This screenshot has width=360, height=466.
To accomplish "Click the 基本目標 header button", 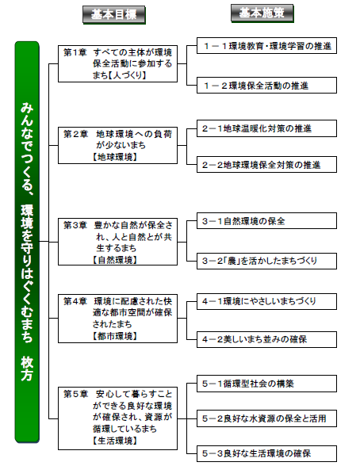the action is (x=114, y=14).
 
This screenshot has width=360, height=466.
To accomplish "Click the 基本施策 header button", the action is (x=262, y=13).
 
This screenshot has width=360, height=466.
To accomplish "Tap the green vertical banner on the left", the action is (x=27, y=242).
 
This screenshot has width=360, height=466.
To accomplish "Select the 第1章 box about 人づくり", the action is (x=117, y=63).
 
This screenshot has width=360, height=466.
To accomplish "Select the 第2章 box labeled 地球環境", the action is (x=117, y=145).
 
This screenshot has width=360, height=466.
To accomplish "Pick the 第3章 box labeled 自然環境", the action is (x=117, y=242).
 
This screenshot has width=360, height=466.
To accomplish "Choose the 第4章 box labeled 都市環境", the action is (x=117, y=319).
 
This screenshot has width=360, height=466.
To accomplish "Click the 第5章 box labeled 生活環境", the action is (x=117, y=418).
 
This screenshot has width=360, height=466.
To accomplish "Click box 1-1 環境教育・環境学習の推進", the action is (x=266, y=46).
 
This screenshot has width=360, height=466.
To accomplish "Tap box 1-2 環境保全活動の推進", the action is (x=266, y=86).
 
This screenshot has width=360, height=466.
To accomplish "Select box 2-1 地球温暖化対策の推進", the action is (x=266, y=128).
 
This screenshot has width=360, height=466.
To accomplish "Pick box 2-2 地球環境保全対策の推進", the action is (x=266, y=164).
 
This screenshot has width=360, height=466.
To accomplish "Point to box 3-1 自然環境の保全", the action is (x=266, y=220).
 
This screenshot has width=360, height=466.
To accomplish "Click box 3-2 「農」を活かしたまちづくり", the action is (x=266, y=261).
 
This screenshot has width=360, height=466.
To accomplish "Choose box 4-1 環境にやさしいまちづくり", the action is (x=266, y=301).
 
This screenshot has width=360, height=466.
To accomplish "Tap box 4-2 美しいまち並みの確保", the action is (x=266, y=339).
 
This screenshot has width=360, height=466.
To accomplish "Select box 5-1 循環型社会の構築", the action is (x=266, y=384).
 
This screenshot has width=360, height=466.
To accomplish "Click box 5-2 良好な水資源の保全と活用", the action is (x=266, y=418).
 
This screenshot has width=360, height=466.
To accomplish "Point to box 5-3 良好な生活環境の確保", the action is (x=266, y=453).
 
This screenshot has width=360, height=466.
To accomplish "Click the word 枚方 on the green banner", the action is (x=27, y=369).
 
